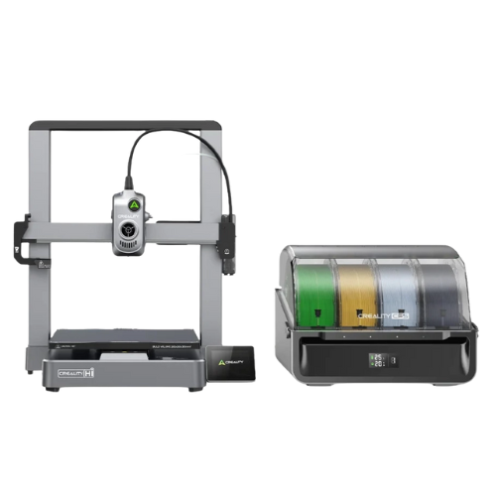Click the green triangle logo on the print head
[x=128, y=203]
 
